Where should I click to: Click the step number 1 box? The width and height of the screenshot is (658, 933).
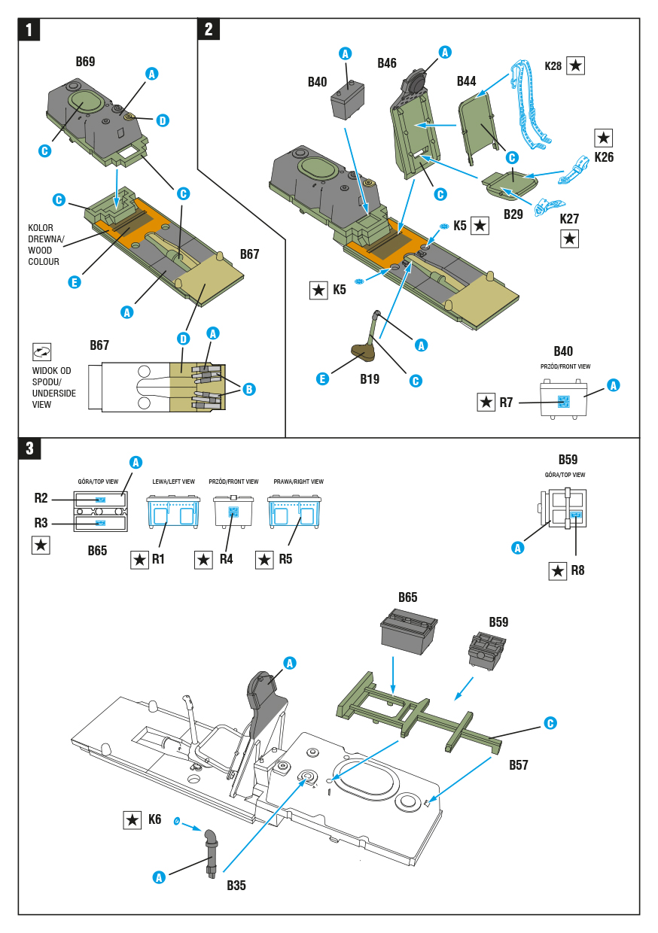coord(29,29)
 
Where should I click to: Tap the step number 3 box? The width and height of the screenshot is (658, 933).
coord(29,448)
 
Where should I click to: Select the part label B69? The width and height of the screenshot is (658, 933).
coord(85,62)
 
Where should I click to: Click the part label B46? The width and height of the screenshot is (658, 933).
coord(387,63)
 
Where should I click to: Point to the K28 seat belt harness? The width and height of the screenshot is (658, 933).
coord(529,104)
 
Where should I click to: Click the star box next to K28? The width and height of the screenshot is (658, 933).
coord(575,65)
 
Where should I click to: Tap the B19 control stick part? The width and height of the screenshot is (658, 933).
coord(367,336)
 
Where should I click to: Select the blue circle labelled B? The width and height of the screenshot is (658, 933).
coord(249,390)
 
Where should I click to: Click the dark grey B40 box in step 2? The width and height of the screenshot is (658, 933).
coord(347,100)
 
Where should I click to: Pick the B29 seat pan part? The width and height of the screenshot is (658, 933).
coord(510,184)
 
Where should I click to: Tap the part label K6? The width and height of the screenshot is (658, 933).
coord(154,819)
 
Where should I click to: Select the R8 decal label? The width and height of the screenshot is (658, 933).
coord(577,570)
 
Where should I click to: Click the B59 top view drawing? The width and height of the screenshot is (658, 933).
coord(563,509)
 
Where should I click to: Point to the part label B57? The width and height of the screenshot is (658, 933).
coord(519,765)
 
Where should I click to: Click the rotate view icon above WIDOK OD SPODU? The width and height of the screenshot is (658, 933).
coord(41,352)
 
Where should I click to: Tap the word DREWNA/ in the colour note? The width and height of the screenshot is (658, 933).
coord(46,239)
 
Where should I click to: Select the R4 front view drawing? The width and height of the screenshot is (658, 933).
coord(233,512)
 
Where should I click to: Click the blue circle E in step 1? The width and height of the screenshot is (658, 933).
coord(75,282)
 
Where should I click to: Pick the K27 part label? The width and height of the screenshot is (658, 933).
coord(569,219)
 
